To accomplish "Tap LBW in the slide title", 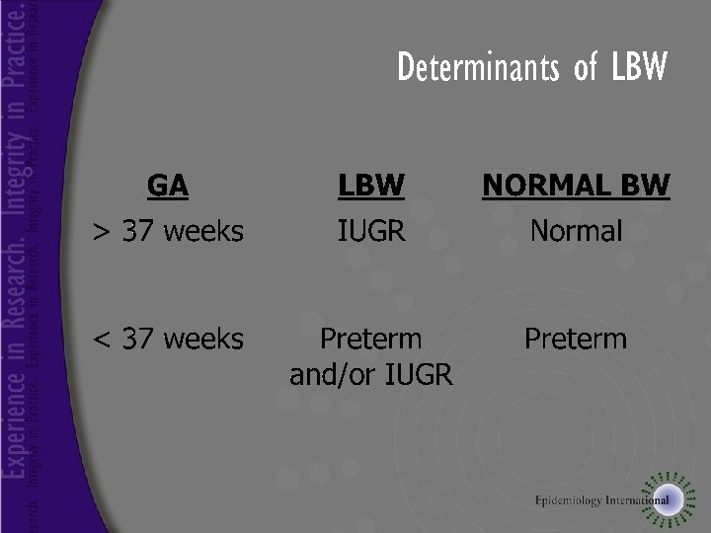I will click(x=639, y=68).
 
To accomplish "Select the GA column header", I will click(x=168, y=185).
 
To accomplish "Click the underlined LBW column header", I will click(x=371, y=185).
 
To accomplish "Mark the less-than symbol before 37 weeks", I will click(x=101, y=340).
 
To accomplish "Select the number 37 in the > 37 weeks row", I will click(x=138, y=232).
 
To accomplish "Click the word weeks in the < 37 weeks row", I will click(x=203, y=340).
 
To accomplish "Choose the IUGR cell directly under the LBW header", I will click(x=371, y=232).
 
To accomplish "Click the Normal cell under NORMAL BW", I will click(x=576, y=232).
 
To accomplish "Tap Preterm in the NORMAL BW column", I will click(x=576, y=340).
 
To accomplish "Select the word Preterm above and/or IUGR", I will click(x=371, y=340).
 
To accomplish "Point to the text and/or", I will click(x=333, y=375).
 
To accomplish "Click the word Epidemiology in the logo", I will click(x=570, y=500).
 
